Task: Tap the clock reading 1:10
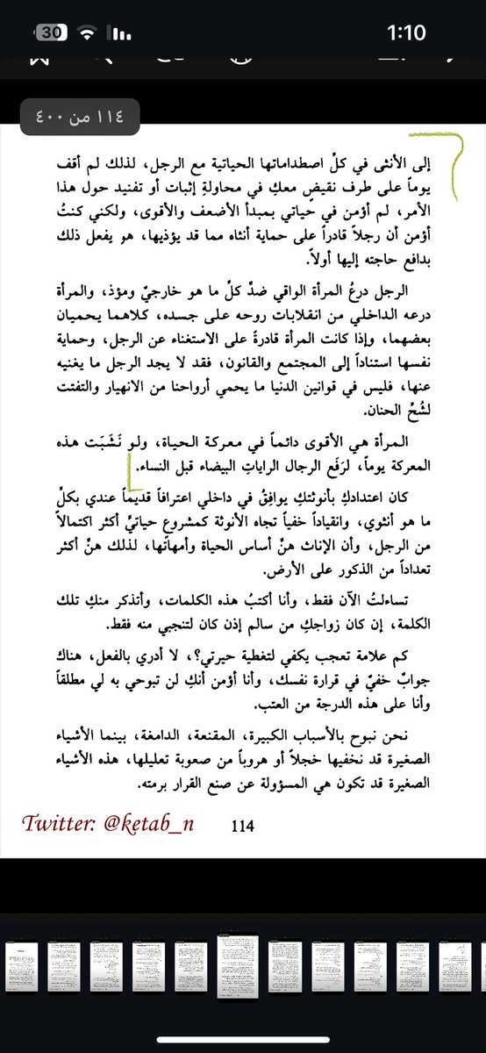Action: point(406,33)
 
